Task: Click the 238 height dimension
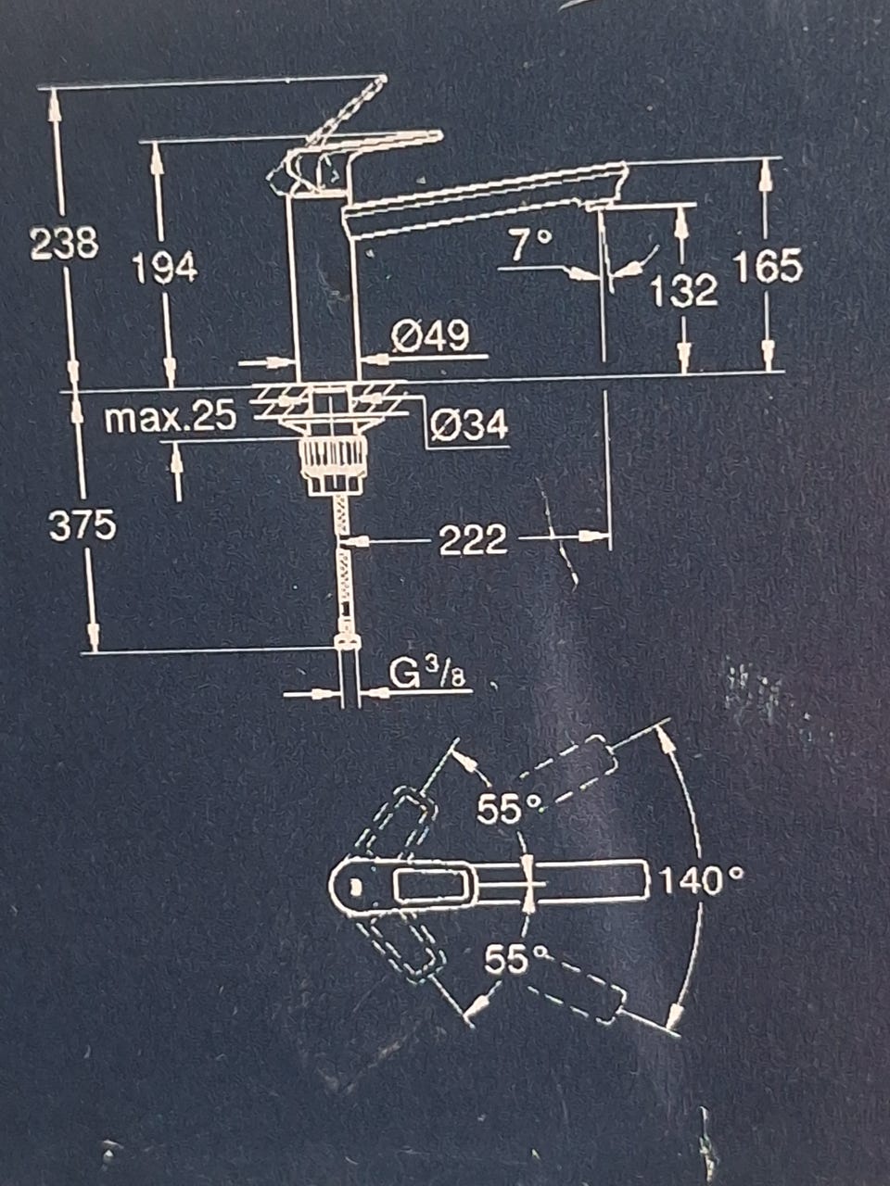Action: click(65, 243)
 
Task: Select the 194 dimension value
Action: click(165, 268)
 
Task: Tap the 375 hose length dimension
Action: click(83, 525)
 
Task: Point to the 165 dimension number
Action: click(769, 266)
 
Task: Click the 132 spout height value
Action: click(684, 291)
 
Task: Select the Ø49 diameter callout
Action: click(431, 336)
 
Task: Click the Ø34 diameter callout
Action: click(469, 425)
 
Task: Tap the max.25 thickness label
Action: click(171, 417)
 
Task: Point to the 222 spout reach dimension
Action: click(474, 539)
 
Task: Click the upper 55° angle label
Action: click(508, 808)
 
